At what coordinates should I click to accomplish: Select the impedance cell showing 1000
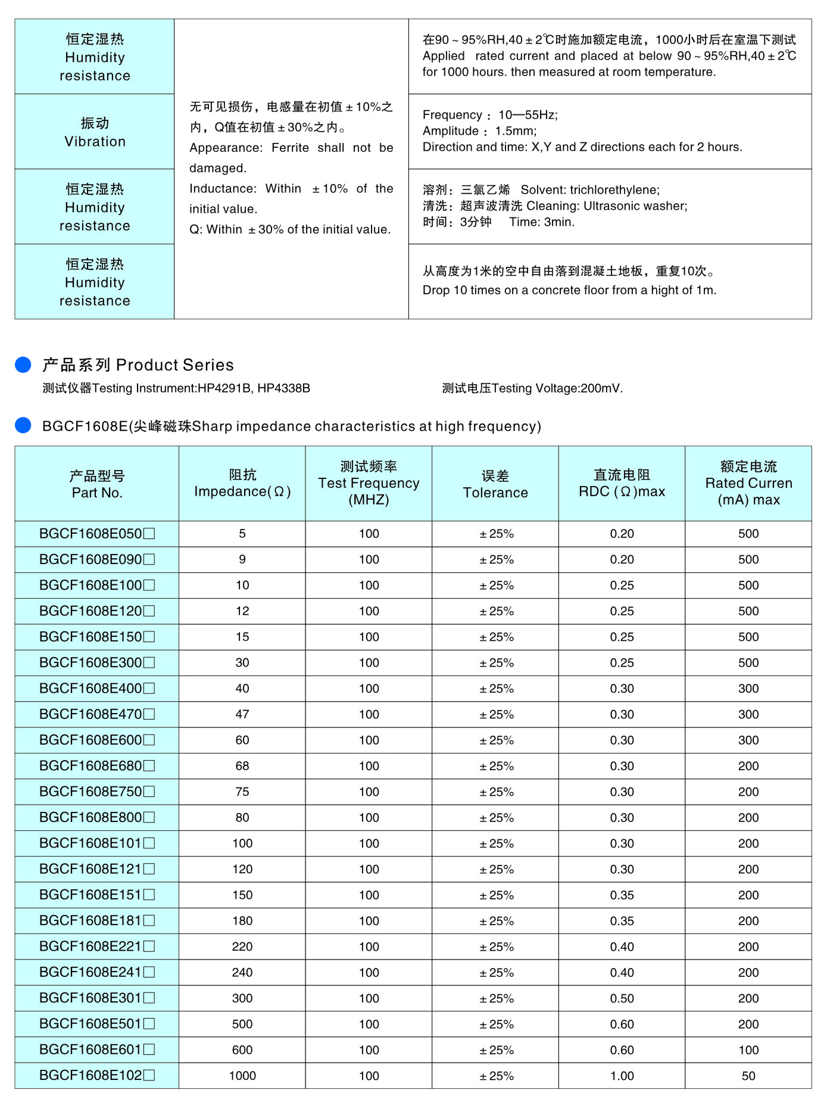(242, 1076)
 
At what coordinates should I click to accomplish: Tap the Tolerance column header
(495, 484)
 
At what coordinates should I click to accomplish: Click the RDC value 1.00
(622, 1076)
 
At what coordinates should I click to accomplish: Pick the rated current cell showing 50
(748, 1076)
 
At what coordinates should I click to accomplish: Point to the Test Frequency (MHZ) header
(369, 483)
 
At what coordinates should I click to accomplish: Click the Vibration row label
(95, 132)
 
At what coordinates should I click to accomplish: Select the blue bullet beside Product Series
(23, 365)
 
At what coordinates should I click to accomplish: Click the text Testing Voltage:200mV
(532, 388)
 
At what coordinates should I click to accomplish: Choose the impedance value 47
(242, 714)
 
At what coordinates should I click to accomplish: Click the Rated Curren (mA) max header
(748, 483)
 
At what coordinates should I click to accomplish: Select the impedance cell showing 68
(242, 766)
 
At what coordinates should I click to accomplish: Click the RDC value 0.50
(622, 998)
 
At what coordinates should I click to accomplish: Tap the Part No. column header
(97, 484)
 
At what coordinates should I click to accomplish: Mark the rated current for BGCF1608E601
(748, 1050)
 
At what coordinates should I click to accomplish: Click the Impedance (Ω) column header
(242, 484)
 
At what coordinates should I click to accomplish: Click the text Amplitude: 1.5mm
(479, 131)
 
